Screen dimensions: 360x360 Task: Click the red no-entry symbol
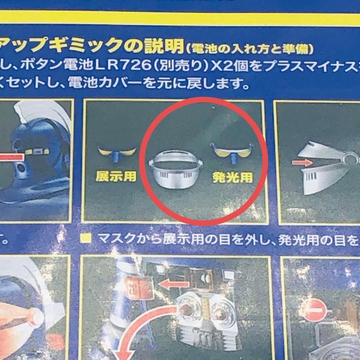(x=314, y=310)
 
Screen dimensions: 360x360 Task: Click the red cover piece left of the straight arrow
(x=142, y=286)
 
